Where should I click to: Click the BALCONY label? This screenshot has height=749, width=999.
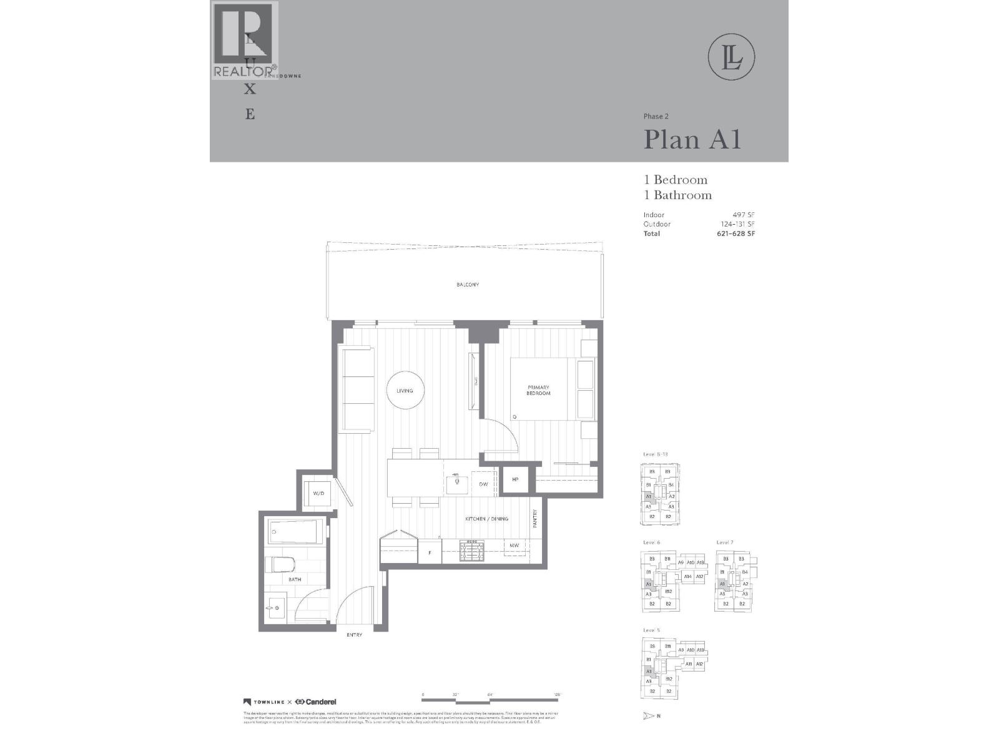467,285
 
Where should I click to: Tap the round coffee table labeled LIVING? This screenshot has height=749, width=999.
405,391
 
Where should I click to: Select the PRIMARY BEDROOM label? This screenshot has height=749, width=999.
538,391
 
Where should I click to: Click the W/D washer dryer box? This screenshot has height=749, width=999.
318,494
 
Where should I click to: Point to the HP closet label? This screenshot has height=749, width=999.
515,479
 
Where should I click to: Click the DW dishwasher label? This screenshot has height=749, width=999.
483,484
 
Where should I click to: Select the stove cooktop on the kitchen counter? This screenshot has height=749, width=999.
472,550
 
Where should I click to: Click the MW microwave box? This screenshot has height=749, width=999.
514,546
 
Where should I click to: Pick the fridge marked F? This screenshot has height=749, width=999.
430,552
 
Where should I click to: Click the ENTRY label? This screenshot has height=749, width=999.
354,635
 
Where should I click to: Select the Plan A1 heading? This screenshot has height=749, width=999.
692,139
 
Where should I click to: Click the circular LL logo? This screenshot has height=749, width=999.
732,57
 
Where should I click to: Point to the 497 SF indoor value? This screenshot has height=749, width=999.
744,215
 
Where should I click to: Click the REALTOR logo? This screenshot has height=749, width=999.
244,41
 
